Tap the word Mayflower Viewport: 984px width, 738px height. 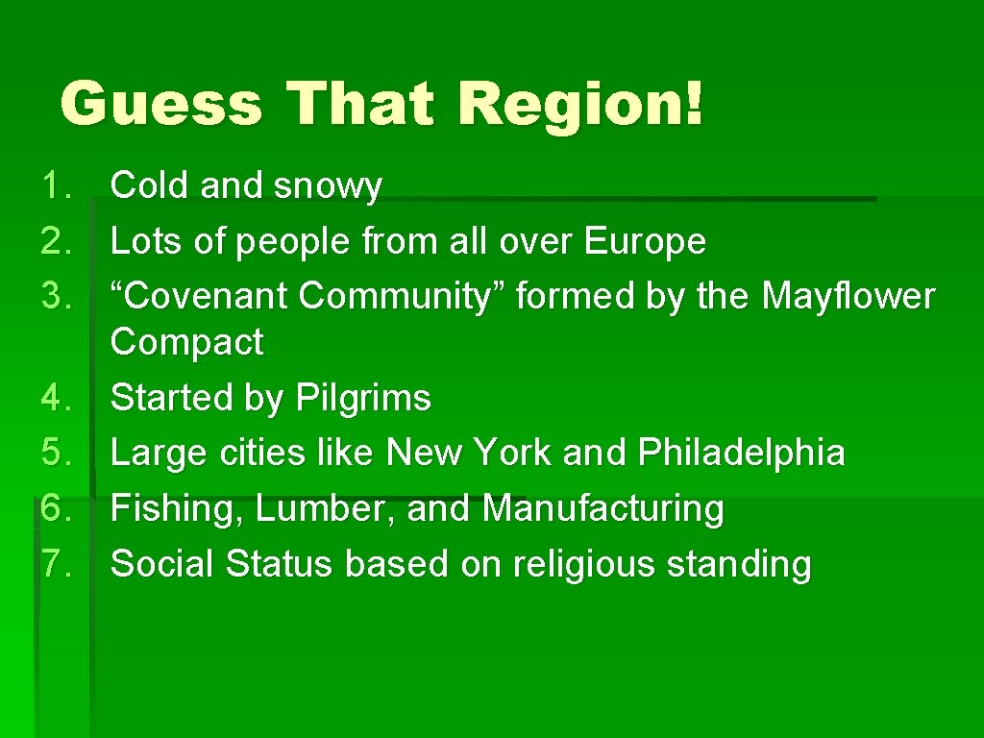pyautogui.click(x=848, y=297)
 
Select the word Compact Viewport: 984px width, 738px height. pyautogui.click(x=186, y=342)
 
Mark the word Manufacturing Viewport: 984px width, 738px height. pyautogui.click(x=603, y=508)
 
